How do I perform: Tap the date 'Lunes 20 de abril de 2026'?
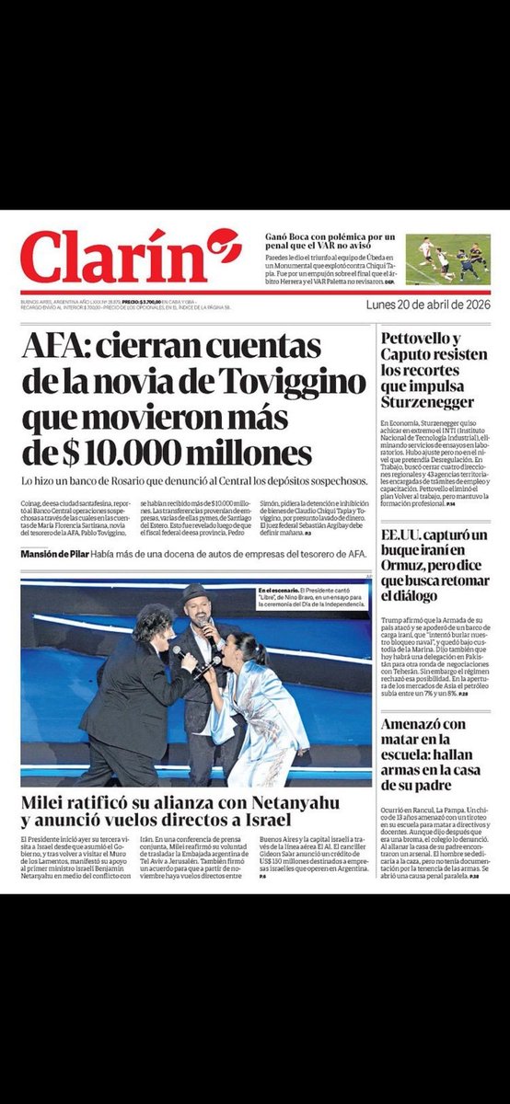click(x=428, y=305)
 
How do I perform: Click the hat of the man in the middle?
click(x=194, y=593)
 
